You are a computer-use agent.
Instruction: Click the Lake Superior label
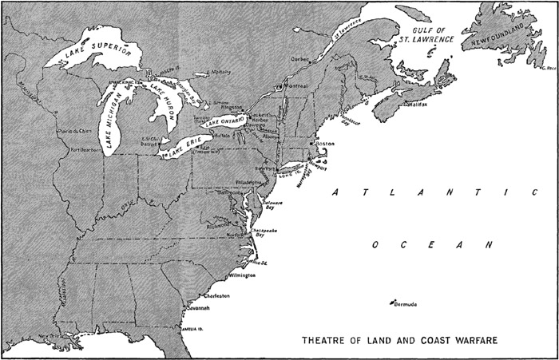point(97,55)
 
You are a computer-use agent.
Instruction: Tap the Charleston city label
point(217,295)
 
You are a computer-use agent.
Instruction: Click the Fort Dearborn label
point(86,149)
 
